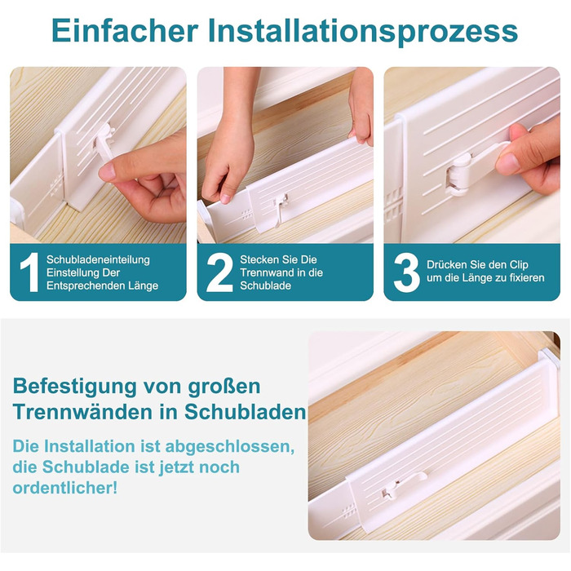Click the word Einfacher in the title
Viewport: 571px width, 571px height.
coord(125,31)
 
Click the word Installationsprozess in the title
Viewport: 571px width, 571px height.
coord(363,32)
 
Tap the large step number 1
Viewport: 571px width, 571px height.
coord(29,272)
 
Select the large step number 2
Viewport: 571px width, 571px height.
coord(219,272)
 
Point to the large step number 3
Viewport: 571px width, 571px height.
coord(407,272)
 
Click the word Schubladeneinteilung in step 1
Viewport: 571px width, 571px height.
coord(98,259)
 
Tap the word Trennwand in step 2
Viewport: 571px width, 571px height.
coord(264,272)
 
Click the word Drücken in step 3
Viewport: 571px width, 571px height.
coord(447,264)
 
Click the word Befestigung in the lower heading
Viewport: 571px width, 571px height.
coord(75,387)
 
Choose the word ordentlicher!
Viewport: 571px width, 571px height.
coord(65,488)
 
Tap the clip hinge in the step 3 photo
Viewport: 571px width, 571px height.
coord(458,175)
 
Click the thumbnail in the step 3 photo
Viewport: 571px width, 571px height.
coord(507,164)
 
